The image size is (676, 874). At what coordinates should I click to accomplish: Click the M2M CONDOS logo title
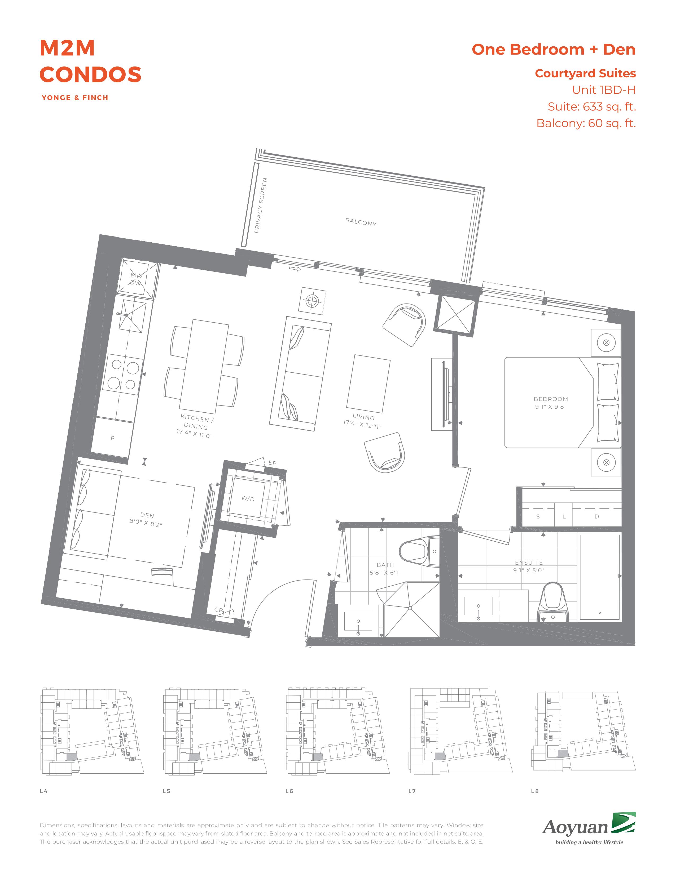[90, 61]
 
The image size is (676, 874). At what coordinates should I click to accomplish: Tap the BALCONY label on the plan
[361, 222]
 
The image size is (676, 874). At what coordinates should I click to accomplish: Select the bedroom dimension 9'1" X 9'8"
[551, 407]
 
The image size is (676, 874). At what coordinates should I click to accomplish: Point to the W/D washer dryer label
[248, 499]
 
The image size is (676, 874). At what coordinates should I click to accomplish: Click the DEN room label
[147, 515]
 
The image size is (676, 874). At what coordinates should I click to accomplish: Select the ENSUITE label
[529, 563]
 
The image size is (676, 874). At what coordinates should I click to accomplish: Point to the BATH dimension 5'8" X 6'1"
[385, 573]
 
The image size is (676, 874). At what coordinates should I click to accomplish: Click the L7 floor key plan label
[412, 791]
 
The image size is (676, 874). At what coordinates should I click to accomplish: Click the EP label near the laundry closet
[272, 463]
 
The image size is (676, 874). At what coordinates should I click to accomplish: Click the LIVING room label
[363, 417]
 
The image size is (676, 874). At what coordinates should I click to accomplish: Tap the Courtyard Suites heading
[586, 74]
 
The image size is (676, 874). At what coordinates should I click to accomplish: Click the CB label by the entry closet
[219, 610]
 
